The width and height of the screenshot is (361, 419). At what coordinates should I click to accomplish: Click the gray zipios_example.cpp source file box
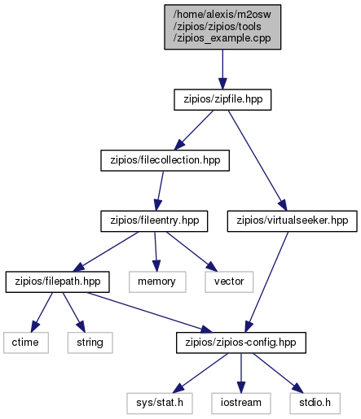point(222,27)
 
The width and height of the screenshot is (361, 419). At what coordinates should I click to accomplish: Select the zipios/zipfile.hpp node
point(222,99)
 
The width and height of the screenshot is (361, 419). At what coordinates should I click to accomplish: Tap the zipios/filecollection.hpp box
point(165,160)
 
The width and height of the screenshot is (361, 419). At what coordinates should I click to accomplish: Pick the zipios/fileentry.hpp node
point(154,221)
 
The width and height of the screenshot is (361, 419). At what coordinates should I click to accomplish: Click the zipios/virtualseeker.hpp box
point(292,221)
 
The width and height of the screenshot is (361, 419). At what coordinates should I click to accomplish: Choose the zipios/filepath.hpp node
point(58,282)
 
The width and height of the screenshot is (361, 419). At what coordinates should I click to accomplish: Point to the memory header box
point(157,282)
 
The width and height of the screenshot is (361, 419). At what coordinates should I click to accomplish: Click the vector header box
point(229,282)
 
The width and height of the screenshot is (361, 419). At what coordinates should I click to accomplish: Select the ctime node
point(26,343)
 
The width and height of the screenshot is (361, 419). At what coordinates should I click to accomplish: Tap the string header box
point(90,343)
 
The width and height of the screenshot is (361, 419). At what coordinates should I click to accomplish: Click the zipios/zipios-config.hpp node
point(241,343)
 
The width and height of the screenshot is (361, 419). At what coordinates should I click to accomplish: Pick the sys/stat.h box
point(160,404)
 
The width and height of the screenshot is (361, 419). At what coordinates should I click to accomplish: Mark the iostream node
point(241,404)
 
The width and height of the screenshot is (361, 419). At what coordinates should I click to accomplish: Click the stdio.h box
point(315,404)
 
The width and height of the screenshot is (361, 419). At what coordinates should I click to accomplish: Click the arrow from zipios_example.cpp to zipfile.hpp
point(222,69)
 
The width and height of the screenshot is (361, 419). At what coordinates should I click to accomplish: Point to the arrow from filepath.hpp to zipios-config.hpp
point(149,312)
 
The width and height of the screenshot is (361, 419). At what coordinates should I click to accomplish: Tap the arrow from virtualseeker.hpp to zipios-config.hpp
point(266,282)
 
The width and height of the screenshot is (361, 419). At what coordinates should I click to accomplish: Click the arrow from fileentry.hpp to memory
point(156,251)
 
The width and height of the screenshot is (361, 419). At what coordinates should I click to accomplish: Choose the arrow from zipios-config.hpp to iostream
point(241,373)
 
